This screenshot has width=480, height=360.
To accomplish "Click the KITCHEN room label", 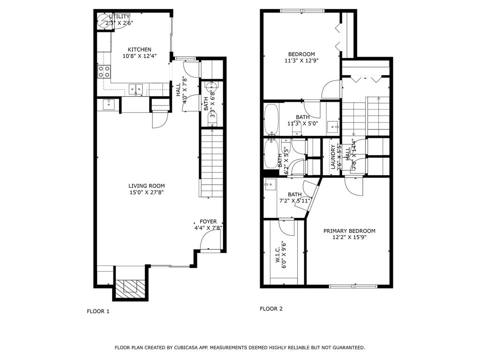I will (140, 49).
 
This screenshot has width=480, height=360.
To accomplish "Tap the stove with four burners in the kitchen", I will (105, 71).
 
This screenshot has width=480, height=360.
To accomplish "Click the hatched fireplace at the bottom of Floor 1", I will (128, 287).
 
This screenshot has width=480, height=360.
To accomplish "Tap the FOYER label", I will (208, 222).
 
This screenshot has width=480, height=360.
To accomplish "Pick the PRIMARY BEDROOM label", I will (349, 231).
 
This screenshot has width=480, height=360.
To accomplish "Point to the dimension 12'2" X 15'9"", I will (349, 238).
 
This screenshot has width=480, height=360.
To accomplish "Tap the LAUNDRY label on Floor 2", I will (333, 157).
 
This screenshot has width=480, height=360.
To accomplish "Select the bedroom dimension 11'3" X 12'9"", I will (301, 60).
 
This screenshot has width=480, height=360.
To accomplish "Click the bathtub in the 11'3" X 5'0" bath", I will (271, 119).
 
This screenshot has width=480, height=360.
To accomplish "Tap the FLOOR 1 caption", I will (98, 311).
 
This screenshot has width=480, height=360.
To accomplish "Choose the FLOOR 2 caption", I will (271, 308).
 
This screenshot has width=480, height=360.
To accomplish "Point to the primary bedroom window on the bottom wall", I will (353, 286).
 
